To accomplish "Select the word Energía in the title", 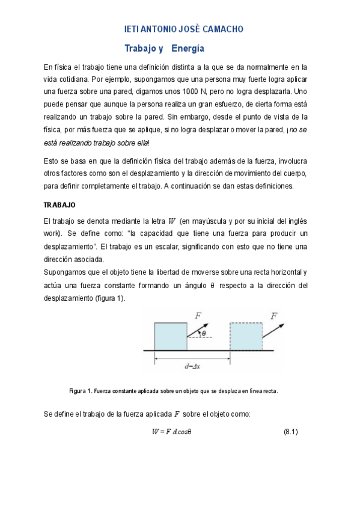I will pyautogui.click(x=188, y=48).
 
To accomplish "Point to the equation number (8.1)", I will pyautogui.click(x=290, y=432).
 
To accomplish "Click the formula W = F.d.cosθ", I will pyautogui.click(x=171, y=432).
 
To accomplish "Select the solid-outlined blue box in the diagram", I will pyautogui.click(x=171, y=337).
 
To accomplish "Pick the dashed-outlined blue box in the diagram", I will pyautogui.click(x=246, y=337).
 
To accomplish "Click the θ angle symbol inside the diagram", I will pyautogui.click(x=204, y=333).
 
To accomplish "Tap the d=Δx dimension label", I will pyautogui.click(x=193, y=366).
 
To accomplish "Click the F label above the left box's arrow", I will pyautogui.click(x=198, y=315).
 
